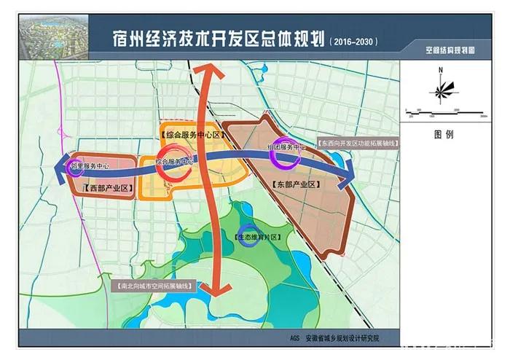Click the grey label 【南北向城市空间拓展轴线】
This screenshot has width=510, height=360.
156,286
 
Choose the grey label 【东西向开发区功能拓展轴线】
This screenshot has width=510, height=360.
358,144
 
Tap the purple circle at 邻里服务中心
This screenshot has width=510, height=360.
74,168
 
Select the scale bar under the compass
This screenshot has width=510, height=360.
444,110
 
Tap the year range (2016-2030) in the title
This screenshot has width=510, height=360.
354,42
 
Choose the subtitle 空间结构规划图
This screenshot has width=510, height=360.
450,52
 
